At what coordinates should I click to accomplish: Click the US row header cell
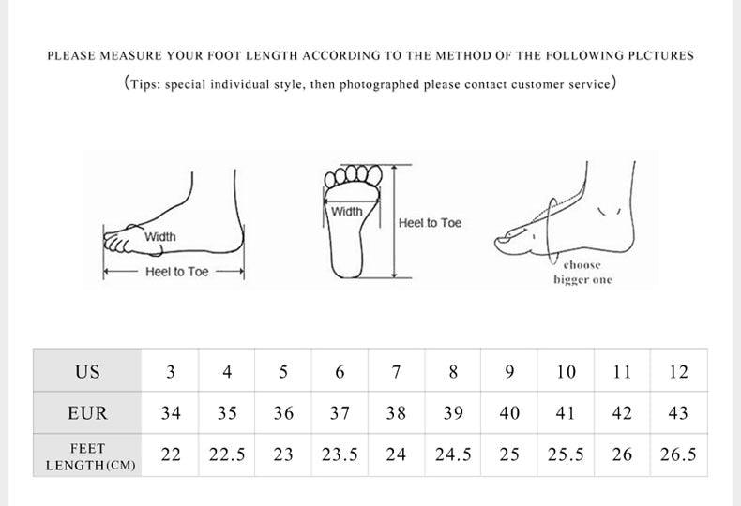point(87,372)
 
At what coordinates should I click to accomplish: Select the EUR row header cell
point(87,413)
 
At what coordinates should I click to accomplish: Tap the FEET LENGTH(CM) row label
point(88,456)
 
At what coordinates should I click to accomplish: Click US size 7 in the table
point(397,372)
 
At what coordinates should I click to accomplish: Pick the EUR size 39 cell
point(453,413)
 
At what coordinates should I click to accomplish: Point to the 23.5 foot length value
point(340,454)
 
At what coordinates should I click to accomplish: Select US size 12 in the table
point(678,372)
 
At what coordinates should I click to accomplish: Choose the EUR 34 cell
point(171,413)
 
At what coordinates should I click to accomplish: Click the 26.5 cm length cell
point(678,454)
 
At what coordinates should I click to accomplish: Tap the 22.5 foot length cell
point(227,454)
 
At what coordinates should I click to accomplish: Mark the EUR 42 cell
point(622,413)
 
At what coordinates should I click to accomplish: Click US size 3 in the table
point(171,372)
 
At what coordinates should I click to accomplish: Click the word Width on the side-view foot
point(160,237)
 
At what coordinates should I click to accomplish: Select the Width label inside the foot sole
point(347,212)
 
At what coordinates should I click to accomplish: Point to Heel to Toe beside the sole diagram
point(430,223)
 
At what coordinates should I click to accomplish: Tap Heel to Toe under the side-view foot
point(176,272)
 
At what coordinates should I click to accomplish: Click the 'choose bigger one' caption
point(582,273)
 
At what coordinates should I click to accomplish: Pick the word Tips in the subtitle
point(145,84)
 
